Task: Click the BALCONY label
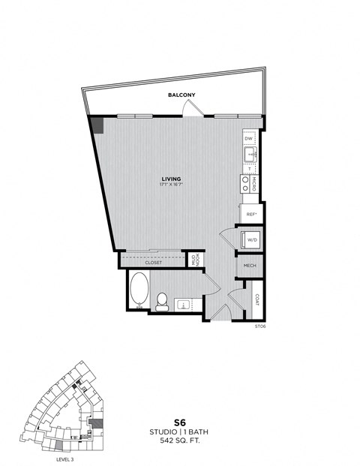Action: tap(181, 95)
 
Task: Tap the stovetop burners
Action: tap(245, 185)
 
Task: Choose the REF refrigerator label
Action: tap(251, 215)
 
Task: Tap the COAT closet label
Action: tap(256, 299)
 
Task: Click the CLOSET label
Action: tap(153, 263)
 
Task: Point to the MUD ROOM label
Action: tap(194, 260)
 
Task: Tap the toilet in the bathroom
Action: tap(161, 301)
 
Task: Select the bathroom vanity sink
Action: tap(182, 304)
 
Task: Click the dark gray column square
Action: tap(97, 124)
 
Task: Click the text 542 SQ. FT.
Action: tap(180, 443)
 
